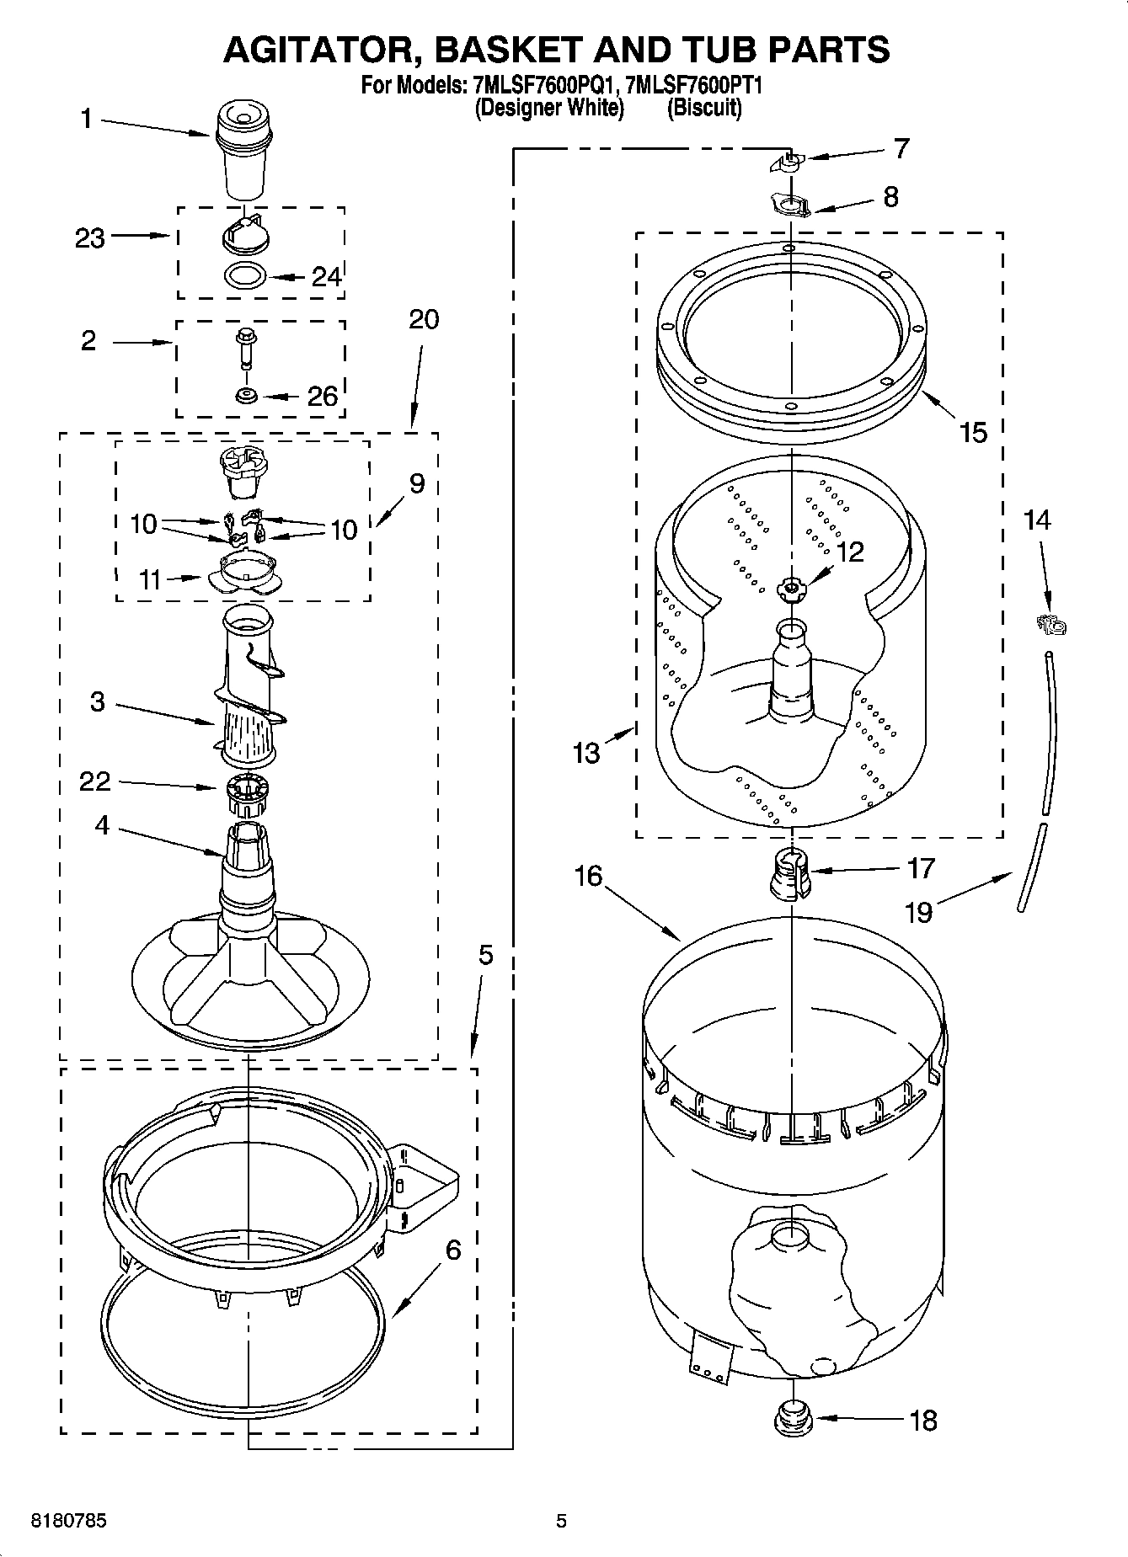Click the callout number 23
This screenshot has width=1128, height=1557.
pyautogui.click(x=89, y=238)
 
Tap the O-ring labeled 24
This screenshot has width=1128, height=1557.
pyautogui.click(x=246, y=275)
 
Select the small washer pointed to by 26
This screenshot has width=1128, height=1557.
pyautogui.click(x=246, y=395)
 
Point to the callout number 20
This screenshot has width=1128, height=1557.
pyautogui.click(x=424, y=320)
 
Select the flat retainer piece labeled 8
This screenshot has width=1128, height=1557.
pyautogui.click(x=789, y=204)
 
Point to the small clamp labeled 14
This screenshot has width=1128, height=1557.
pyautogui.click(x=1051, y=625)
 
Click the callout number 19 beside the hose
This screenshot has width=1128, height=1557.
pyautogui.click(x=918, y=911)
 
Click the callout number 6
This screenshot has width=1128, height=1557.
pyautogui.click(x=453, y=1250)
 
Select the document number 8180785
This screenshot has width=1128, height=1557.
pyautogui.click(x=68, y=1522)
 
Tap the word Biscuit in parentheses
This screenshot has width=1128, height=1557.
pyautogui.click(x=704, y=108)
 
